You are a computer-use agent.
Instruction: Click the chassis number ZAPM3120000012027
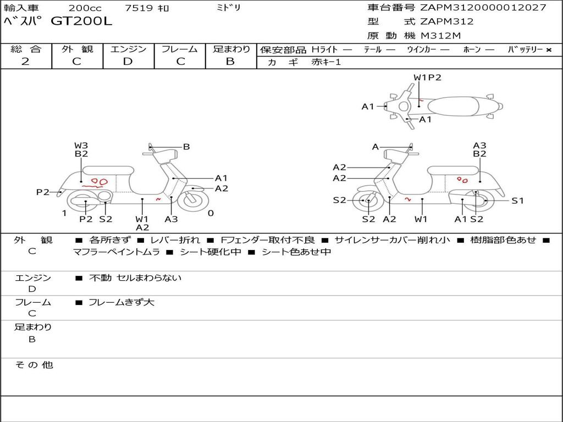(x=483, y=8)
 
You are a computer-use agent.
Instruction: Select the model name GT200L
(x=81, y=21)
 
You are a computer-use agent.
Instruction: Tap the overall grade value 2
(x=25, y=62)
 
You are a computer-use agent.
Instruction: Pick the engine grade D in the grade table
(x=128, y=62)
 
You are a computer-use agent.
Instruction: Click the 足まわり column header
(x=231, y=49)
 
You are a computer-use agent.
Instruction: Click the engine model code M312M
(x=441, y=36)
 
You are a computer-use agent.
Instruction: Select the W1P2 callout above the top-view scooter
(x=427, y=77)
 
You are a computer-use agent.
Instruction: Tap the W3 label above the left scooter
(x=81, y=146)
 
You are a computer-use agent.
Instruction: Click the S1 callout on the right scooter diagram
(x=517, y=201)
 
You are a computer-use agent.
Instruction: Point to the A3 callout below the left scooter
(x=171, y=219)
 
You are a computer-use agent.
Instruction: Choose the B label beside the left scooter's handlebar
(x=186, y=147)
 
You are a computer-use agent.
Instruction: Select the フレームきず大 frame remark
(x=122, y=302)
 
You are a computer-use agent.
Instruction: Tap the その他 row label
(x=34, y=365)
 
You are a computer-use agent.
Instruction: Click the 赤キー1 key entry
(x=326, y=62)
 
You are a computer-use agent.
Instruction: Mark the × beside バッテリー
(x=548, y=49)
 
